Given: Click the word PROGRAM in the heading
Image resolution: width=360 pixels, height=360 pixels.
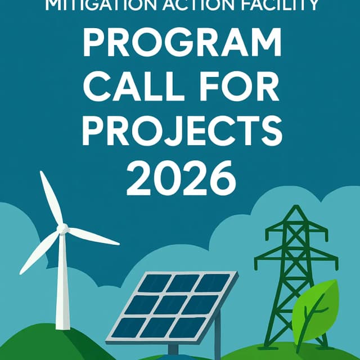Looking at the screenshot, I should (179, 43).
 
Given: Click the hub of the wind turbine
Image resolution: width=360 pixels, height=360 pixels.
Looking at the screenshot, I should (63, 228).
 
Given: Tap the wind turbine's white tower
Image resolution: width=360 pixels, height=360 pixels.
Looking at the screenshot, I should (65, 281).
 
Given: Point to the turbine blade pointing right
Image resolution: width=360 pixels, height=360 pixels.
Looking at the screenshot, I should (93, 236).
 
